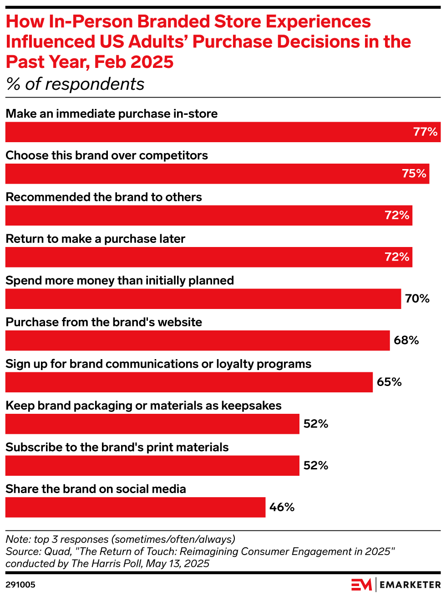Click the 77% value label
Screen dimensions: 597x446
click(x=425, y=132)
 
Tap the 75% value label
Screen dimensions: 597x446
click(x=414, y=174)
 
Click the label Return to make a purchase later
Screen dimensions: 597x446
click(x=96, y=239)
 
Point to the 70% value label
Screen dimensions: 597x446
click(x=417, y=299)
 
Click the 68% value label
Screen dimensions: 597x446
click(x=406, y=340)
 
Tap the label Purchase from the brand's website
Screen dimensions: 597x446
click(x=104, y=322)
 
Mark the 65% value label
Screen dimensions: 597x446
click(x=389, y=382)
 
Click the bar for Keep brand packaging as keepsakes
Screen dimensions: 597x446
click(x=152, y=424)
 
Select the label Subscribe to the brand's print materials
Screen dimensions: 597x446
click(x=117, y=448)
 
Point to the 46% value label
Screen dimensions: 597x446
click(x=282, y=507)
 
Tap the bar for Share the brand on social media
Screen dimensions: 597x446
click(x=135, y=507)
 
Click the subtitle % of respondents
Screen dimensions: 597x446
click(x=75, y=84)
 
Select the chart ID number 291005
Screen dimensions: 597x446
click(x=20, y=585)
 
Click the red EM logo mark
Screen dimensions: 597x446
click(x=361, y=585)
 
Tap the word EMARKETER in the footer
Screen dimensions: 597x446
click(x=410, y=585)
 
